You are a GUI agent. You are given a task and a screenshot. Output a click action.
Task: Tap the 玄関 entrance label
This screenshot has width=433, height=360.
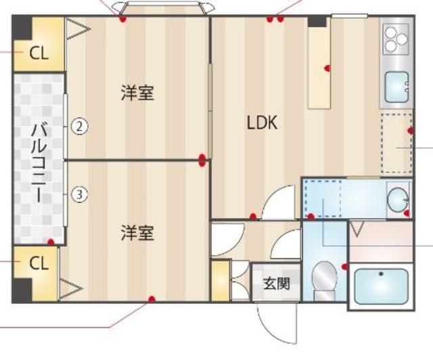(276, 283)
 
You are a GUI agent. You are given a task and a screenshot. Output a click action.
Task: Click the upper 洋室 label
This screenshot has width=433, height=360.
(137, 93)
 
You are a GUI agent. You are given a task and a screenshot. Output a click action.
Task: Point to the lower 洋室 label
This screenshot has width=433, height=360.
(137, 233)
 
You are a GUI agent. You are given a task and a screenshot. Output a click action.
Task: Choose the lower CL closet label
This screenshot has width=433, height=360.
(39, 263)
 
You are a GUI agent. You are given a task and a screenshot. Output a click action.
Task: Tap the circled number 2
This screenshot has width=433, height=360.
(80, 125)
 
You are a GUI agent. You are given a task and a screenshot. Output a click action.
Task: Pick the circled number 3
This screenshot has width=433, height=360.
(80, 195)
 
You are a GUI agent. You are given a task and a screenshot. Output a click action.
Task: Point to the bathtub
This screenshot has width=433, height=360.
(382, 287)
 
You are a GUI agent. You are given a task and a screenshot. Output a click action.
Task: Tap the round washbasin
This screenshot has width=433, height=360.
(398, 199)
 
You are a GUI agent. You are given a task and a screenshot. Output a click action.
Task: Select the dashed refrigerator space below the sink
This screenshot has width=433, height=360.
(395, 143)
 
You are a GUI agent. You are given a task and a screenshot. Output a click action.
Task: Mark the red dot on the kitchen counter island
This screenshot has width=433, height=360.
(327, 68)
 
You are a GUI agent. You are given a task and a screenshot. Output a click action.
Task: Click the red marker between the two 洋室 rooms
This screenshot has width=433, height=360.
(202, 160)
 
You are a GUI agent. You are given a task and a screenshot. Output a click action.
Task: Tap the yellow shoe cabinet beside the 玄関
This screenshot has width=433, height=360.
(220, 281)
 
